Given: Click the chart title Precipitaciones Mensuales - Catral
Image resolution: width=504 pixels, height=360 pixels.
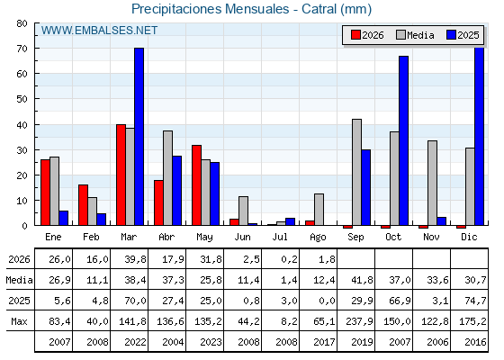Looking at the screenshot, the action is tap(251, 9).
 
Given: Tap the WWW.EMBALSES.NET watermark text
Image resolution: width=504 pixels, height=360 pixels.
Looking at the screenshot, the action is tap(99, 31).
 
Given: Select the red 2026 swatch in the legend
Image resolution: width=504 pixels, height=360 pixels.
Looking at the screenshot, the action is tap(355, 35).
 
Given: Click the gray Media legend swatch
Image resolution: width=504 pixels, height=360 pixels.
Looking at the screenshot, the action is tap(401, 35).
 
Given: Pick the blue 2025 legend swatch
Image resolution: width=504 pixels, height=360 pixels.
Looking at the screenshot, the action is tap(451, 35).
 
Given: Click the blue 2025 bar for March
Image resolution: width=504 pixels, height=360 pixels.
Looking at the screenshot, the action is tap(139, 137).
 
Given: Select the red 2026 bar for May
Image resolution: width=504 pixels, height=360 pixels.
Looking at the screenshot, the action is tap(197, 185).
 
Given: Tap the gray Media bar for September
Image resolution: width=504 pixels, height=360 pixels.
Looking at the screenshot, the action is tap(356, 172).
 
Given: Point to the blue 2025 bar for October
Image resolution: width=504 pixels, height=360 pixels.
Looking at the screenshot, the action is tap(404, 140).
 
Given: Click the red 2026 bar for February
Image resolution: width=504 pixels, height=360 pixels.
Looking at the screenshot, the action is tap(83, 205).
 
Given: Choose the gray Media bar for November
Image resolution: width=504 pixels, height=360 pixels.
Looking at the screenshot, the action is tap(432, 183).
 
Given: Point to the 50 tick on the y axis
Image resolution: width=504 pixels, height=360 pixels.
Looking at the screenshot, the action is tap(22, 99).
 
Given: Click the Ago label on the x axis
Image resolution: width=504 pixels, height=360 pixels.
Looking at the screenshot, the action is tap(318, 238).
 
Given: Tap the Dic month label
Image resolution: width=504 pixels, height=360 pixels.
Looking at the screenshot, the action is tap(469, 237).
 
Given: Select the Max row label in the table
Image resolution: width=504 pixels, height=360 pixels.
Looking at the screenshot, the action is tap(19, 321).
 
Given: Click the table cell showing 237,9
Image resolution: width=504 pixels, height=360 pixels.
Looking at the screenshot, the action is tap(359, 321).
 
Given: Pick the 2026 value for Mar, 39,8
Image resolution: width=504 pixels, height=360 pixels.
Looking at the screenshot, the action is tap(135, 259).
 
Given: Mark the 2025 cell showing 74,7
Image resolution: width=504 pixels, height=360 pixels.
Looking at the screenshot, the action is tap(475, 301).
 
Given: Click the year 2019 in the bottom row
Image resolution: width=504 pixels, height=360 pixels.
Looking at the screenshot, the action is tap(362, 342).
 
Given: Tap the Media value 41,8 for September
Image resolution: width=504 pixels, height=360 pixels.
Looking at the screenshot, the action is tap(362, 280).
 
